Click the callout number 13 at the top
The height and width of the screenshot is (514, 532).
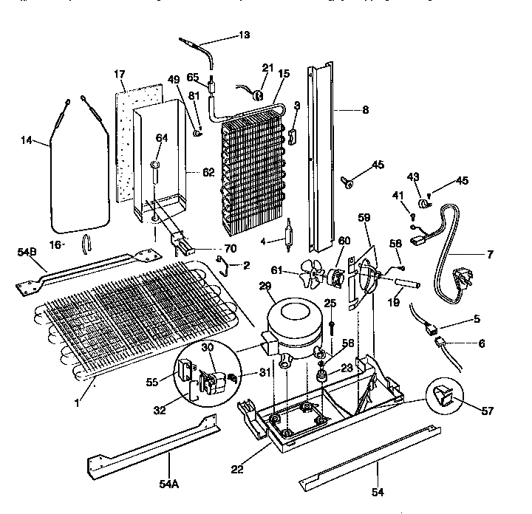tap(245, 35)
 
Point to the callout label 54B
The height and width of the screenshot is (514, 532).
tap(27, 253)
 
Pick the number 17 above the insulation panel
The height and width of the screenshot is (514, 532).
tap(120, 74)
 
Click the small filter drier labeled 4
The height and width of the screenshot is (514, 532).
tap(288, 238)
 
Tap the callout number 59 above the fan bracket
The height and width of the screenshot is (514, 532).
tap(364, 218)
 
